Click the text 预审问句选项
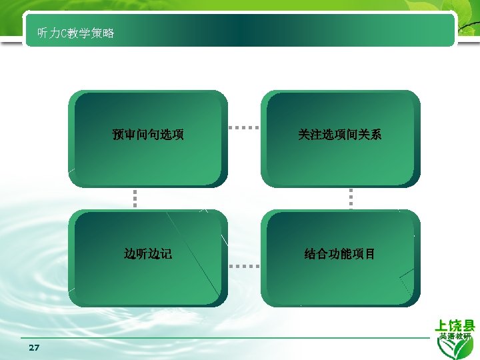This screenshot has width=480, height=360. (148, 135)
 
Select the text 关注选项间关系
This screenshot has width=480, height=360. (340, 135)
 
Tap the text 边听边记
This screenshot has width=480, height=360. (148, 254)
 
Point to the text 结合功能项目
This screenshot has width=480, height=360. (340, 254)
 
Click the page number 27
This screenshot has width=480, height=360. (34, 348)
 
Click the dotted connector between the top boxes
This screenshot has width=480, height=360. (243, 127)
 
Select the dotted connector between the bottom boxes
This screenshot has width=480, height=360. (243, 265)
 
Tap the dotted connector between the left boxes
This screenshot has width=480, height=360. (134, 198)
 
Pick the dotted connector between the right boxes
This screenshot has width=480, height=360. (351, 198)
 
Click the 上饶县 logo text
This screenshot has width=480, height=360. (455, 325)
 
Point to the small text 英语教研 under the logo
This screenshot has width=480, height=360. (455, 337)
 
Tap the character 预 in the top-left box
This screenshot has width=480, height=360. (118, 135)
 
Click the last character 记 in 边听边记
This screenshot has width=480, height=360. (166, 254)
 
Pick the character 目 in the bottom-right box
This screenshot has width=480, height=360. (370, 254)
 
